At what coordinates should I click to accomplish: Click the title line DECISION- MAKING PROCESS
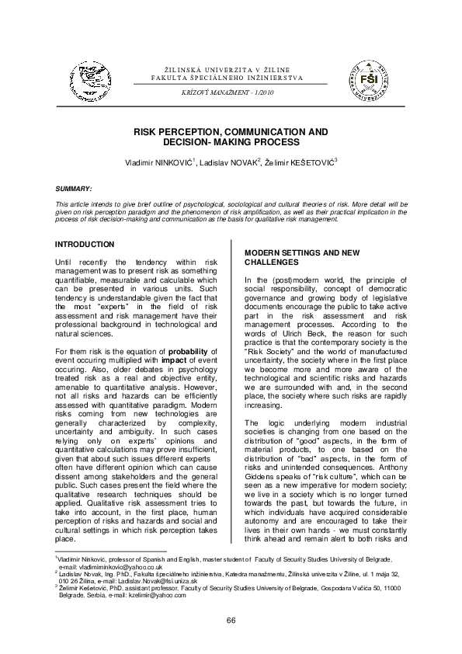pyautogui.click(x=231, y=143)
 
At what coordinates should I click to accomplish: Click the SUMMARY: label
pyautogui.click(x=74, y=189)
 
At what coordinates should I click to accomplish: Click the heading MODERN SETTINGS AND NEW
pyautogui.click(x=301, y=254)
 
